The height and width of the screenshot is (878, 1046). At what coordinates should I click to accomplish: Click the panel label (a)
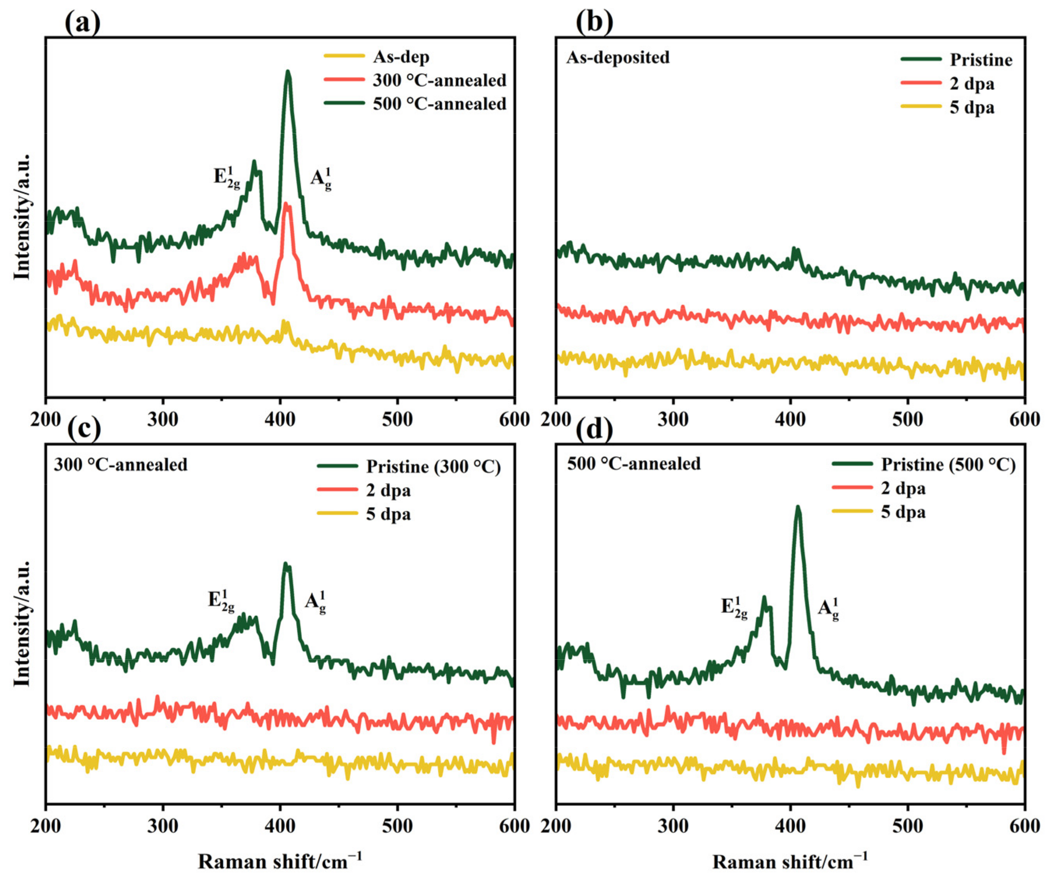82,23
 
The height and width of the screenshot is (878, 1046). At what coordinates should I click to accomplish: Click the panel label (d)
594,429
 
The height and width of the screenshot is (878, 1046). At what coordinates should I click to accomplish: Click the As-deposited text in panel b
617,57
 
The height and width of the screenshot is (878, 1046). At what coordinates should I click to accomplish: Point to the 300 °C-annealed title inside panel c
120,465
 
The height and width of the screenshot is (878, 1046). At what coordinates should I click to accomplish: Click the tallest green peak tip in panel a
288,72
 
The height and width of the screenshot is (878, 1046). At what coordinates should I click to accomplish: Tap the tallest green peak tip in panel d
797,507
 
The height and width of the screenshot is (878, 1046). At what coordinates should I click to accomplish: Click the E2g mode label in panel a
227,177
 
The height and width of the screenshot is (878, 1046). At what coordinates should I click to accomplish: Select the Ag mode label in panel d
828,609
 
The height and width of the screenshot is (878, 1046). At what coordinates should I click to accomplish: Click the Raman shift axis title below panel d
790,862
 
